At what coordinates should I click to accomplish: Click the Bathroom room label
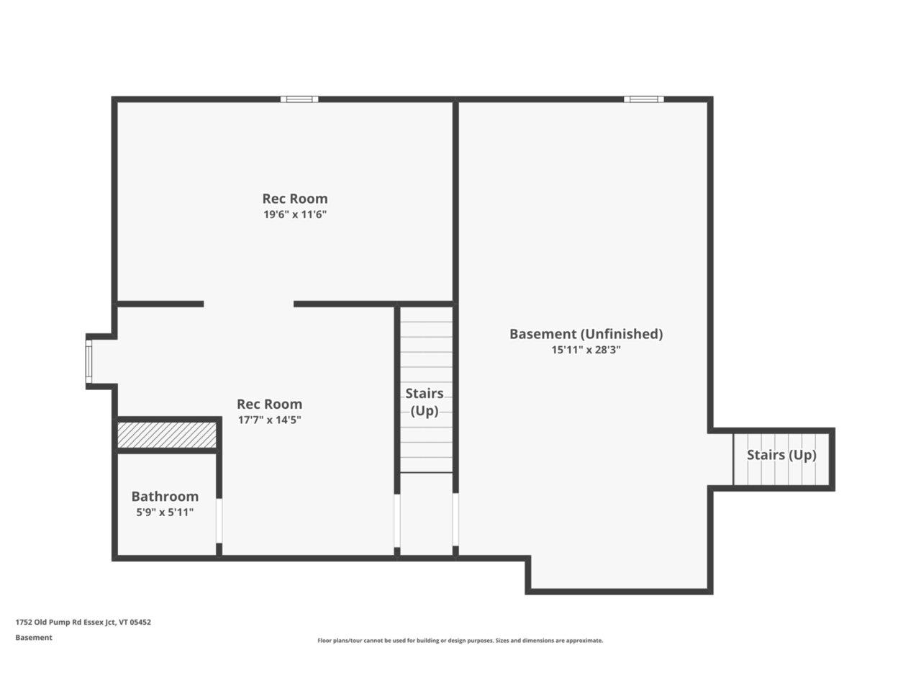point(165,497)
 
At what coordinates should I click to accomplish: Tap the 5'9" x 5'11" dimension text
point(165,512)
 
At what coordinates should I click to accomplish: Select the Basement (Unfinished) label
point(586,334)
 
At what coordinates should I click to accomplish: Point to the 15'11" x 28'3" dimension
point(586,350)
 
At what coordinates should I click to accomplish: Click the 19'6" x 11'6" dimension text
point(295,214)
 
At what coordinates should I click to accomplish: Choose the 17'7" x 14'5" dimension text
point(269,420)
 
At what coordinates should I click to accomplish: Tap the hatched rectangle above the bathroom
point(167,434)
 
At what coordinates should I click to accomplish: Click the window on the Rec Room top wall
point(299,99)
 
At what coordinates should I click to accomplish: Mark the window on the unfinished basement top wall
point(643,99)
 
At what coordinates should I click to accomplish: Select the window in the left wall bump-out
point(89,362)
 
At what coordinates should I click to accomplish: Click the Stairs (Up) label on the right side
point(781,455)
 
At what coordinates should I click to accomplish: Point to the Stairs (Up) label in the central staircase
point(425,402)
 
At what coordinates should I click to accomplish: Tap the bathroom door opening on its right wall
point(219,520)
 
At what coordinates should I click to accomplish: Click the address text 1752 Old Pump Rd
point(83,623)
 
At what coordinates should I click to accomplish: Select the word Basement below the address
point(34,638)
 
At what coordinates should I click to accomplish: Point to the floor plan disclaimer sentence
point(460,640)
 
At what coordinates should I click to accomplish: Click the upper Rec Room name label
point(295,199)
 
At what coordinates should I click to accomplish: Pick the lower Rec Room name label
point(269,405)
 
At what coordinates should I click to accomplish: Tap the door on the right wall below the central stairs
point(455,520)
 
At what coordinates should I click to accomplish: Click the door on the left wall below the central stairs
point(396,520)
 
